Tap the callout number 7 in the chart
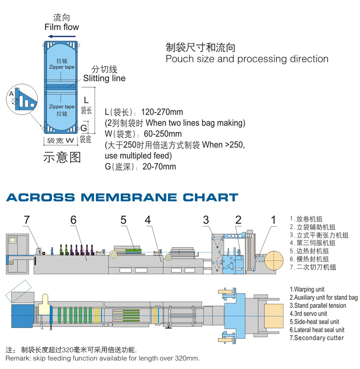[x=27, y=220]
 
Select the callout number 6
[x=73, y=220]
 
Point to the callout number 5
[x=123, y=220]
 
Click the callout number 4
[x=148, y=220]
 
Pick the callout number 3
[x=206, y=220]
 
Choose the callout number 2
[x=238, y=220]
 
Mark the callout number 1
[x=273, y=220]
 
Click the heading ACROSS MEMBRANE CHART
[x=122, y=197]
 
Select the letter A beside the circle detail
[x=11, y=94]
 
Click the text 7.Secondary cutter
[x=316, y=338]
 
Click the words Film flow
[x=62, y=27]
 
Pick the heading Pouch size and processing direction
[x=247, y=59]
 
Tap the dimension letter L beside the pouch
[x=87, y=100]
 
